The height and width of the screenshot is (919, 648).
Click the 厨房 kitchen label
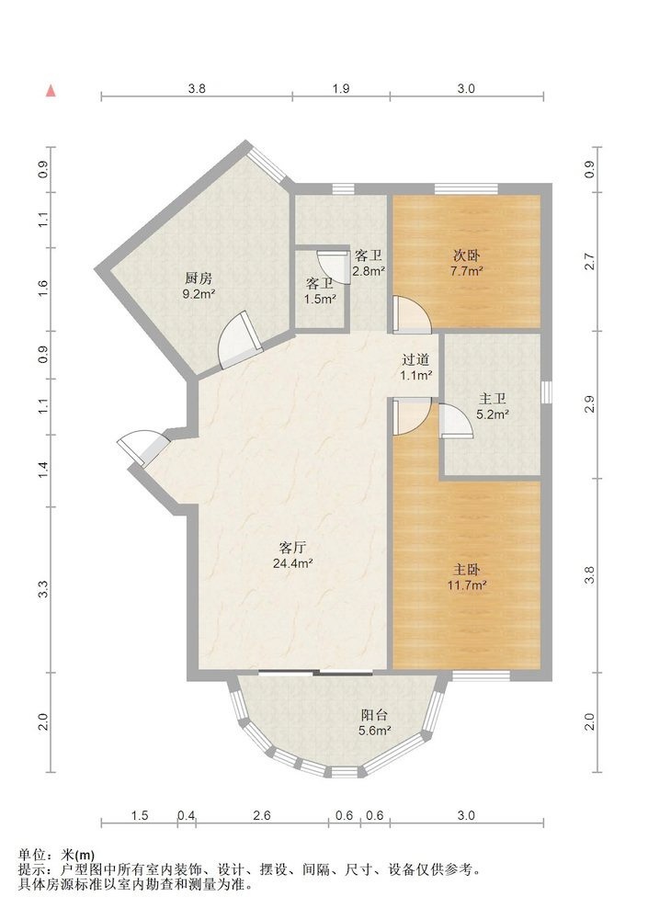[x=199, y=278]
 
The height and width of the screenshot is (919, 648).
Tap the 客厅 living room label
[x=292, y=548]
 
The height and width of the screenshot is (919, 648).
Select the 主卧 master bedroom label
[x=467, y=570]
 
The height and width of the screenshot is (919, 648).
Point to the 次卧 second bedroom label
[x=467, y=255]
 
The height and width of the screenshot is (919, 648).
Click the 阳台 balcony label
[x=374, y=715]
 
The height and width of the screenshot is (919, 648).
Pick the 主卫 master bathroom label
[x=493, y=399]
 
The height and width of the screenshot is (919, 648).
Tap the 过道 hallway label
[x=415, y=360]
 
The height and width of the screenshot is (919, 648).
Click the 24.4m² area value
[x=292, y=563]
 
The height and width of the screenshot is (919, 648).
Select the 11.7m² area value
[x=467, y=584]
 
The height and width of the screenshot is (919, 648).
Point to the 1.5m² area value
[x=320, y=299]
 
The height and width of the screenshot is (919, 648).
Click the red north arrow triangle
[x=51, y=91]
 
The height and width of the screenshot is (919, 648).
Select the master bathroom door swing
[x=456, y=422]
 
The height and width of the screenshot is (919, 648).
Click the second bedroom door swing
[x=412, y=314]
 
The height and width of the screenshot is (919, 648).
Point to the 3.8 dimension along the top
[x=197, y=89]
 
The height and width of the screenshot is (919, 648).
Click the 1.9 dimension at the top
[x=341, y=89]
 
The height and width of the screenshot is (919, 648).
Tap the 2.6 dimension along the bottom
[x=262, y=815]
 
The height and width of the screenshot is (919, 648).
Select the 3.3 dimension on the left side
[x=43, y=590]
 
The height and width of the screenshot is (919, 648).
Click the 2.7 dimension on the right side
[x=589, y=261]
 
